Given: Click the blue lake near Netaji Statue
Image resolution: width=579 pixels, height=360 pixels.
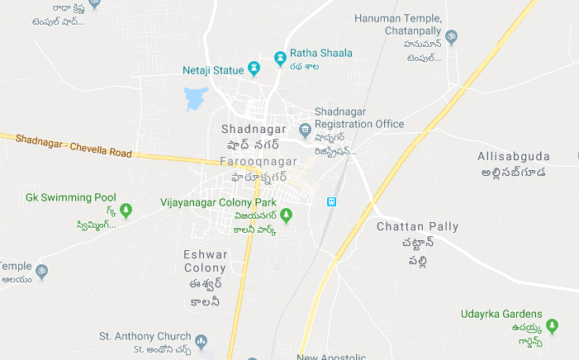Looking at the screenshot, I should click(x=195, y=98).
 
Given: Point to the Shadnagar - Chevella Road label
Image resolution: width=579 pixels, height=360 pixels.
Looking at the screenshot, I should click(x=73, y=145).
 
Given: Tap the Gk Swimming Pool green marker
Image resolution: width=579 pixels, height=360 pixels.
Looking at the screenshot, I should click(x=126, y=211).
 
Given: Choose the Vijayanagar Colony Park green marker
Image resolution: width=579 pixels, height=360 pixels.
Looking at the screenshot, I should click(x=286, y=216).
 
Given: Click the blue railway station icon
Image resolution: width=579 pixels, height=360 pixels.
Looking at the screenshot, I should click(x=332, y=201).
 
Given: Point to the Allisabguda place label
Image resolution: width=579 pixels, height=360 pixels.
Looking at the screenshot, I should click(x=512, y=156).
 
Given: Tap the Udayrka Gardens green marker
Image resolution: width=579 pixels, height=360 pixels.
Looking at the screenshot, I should click(x=553, y=326).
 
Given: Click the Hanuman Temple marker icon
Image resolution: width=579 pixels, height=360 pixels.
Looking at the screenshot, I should click(x=451, y=38).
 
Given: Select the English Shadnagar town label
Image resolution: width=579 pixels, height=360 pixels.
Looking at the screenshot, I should click(x=253, y=130).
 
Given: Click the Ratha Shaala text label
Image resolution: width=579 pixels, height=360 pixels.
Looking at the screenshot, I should click(x=320, y=53).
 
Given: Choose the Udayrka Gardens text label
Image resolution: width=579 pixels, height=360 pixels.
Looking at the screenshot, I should click(x=501, y=314).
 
